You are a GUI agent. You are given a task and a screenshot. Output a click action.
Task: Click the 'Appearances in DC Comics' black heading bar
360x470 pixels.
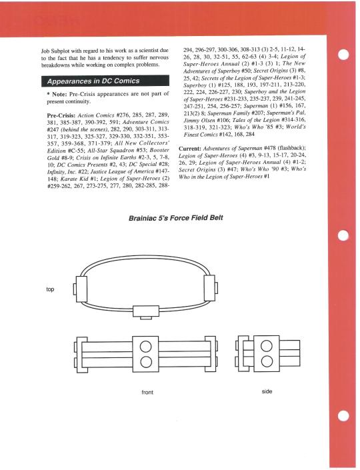[x=105, y=81]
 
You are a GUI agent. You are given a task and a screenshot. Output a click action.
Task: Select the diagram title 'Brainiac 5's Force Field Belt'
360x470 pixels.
[x=175, y=218]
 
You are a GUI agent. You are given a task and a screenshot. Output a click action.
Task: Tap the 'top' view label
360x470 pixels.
[x=50, y=289]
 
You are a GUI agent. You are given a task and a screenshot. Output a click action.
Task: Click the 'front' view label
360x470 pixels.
[x=147, y=392]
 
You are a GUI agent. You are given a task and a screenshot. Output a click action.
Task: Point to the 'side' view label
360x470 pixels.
[x=267, y=391]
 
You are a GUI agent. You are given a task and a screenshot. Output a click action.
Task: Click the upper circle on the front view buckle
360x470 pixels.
[x=145, y=347]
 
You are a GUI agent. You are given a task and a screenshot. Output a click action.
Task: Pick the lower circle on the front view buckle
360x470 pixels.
[x=145, y=361]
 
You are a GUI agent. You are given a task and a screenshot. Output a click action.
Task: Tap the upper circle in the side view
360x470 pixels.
[x=267, y=346]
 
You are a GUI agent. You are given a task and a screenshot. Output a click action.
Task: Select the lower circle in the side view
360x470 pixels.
[x=267, y=361]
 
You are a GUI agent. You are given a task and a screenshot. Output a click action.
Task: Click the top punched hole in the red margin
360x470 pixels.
[x=343, y=55]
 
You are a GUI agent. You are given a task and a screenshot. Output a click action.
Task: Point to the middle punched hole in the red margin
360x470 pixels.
[x=343, y=235]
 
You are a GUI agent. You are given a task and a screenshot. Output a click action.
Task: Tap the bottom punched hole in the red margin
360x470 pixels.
[x=343, y=416]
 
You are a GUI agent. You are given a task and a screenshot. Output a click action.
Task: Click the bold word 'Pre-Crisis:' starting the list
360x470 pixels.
[x=61, y=115]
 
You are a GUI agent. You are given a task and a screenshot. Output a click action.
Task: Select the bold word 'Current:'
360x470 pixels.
[x=190, y=149]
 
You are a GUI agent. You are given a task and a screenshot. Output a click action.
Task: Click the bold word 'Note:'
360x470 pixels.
[x=59, y=94]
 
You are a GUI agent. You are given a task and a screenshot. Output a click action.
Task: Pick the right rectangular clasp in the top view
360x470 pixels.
[x=209, y=287]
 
